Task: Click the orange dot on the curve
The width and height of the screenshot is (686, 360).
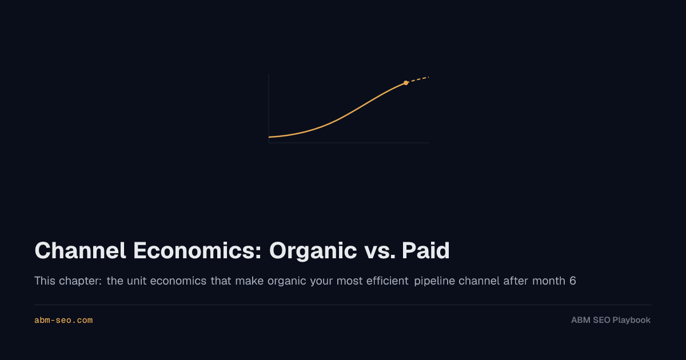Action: click(406, 83)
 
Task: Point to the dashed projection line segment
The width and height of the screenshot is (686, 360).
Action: click(417, 80)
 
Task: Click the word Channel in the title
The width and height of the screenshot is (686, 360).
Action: click(80, 250)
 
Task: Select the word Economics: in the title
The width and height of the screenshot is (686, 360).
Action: click(197, 250)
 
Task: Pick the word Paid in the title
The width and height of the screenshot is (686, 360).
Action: click(426, 250)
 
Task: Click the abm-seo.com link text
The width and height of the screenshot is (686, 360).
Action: click(63, 320)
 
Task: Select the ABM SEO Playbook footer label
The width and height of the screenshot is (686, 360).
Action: click(611, 320)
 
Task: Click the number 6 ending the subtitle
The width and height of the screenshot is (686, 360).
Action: click(572, 281)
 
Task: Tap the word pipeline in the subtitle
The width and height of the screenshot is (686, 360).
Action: click(434, 281)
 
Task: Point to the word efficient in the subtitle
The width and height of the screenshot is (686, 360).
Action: click(388, 281)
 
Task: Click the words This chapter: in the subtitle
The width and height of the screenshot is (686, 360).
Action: click(68, 281)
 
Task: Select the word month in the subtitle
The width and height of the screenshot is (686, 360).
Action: click(548, 281)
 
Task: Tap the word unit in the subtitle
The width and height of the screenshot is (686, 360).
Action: click(137, 281)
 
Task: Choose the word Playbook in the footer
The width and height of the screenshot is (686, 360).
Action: click(632, 320)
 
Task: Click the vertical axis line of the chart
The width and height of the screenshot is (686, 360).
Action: click(269, 109)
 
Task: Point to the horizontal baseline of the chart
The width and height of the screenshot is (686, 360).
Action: click(349, 143)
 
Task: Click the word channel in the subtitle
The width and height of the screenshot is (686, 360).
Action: click(478, 281)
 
